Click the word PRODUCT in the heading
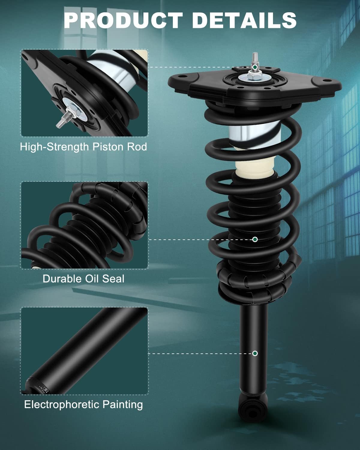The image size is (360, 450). coord(123,20)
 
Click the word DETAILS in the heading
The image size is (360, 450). coord(244,20)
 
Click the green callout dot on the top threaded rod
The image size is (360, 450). coord(255,67)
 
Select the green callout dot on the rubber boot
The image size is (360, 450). coord(255,239)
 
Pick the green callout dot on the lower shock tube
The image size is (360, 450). coord(255,353)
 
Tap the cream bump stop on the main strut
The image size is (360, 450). coord(254,169)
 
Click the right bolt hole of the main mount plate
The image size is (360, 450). coord(326,80)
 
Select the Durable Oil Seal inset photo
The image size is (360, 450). coord(85,225)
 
